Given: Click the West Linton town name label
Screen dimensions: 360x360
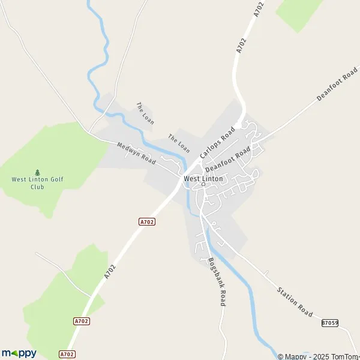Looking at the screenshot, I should [x=203, y=178].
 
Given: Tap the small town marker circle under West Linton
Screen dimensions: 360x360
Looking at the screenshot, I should [x=203, y=184].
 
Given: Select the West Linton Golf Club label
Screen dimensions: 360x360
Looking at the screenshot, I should [x=37, y=182].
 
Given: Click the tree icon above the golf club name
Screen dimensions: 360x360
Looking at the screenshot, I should [x=37, y=172].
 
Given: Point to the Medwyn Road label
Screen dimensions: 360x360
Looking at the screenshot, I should [x=136, y=154].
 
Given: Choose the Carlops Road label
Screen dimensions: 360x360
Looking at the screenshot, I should [x=217, y=145].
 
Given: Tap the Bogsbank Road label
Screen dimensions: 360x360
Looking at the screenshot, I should [x=216, y=282].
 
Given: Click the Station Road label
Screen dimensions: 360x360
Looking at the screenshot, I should [x=295, y=302].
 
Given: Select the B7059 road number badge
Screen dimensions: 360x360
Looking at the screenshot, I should [x=329, y=323].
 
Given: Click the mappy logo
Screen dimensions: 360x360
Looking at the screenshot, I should [x=19, y=353].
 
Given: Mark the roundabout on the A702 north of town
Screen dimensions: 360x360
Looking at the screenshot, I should [x=238, y=125].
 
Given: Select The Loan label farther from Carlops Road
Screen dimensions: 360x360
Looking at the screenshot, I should [x=145, y=113].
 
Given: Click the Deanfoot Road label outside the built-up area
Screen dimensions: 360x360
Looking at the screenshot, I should [x=337, y=88].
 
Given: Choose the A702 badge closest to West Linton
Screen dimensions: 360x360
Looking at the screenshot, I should [x=147, y=222].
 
